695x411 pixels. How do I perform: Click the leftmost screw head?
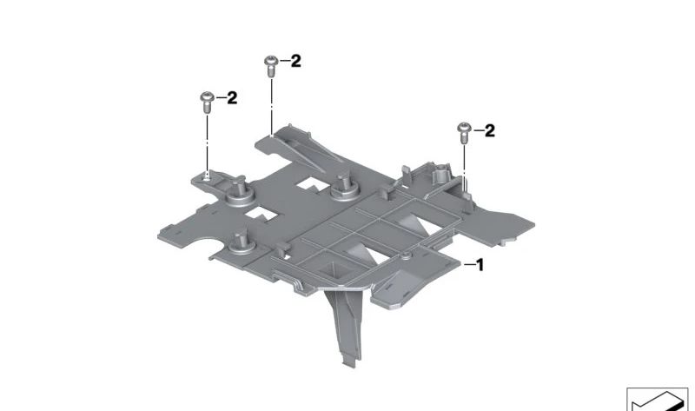(207, 96)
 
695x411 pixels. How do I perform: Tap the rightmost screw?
(464, 133)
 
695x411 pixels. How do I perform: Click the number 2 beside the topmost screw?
(295, 61)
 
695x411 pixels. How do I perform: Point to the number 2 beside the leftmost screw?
(232, 98)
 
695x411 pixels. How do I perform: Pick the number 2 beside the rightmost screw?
(489, 131)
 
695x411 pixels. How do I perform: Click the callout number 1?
(480, 265)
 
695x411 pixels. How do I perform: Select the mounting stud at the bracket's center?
(345, 188)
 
